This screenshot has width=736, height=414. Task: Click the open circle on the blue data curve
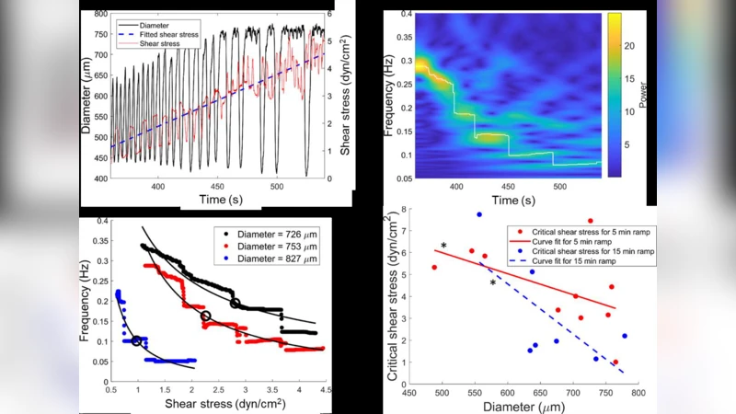point(137,340)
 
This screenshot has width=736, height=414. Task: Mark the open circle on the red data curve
point(206,316)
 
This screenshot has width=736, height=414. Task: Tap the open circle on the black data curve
point(236,303)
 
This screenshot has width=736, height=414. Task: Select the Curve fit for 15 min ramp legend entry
point(582,261)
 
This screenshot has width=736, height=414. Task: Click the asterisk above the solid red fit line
point(444,246)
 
